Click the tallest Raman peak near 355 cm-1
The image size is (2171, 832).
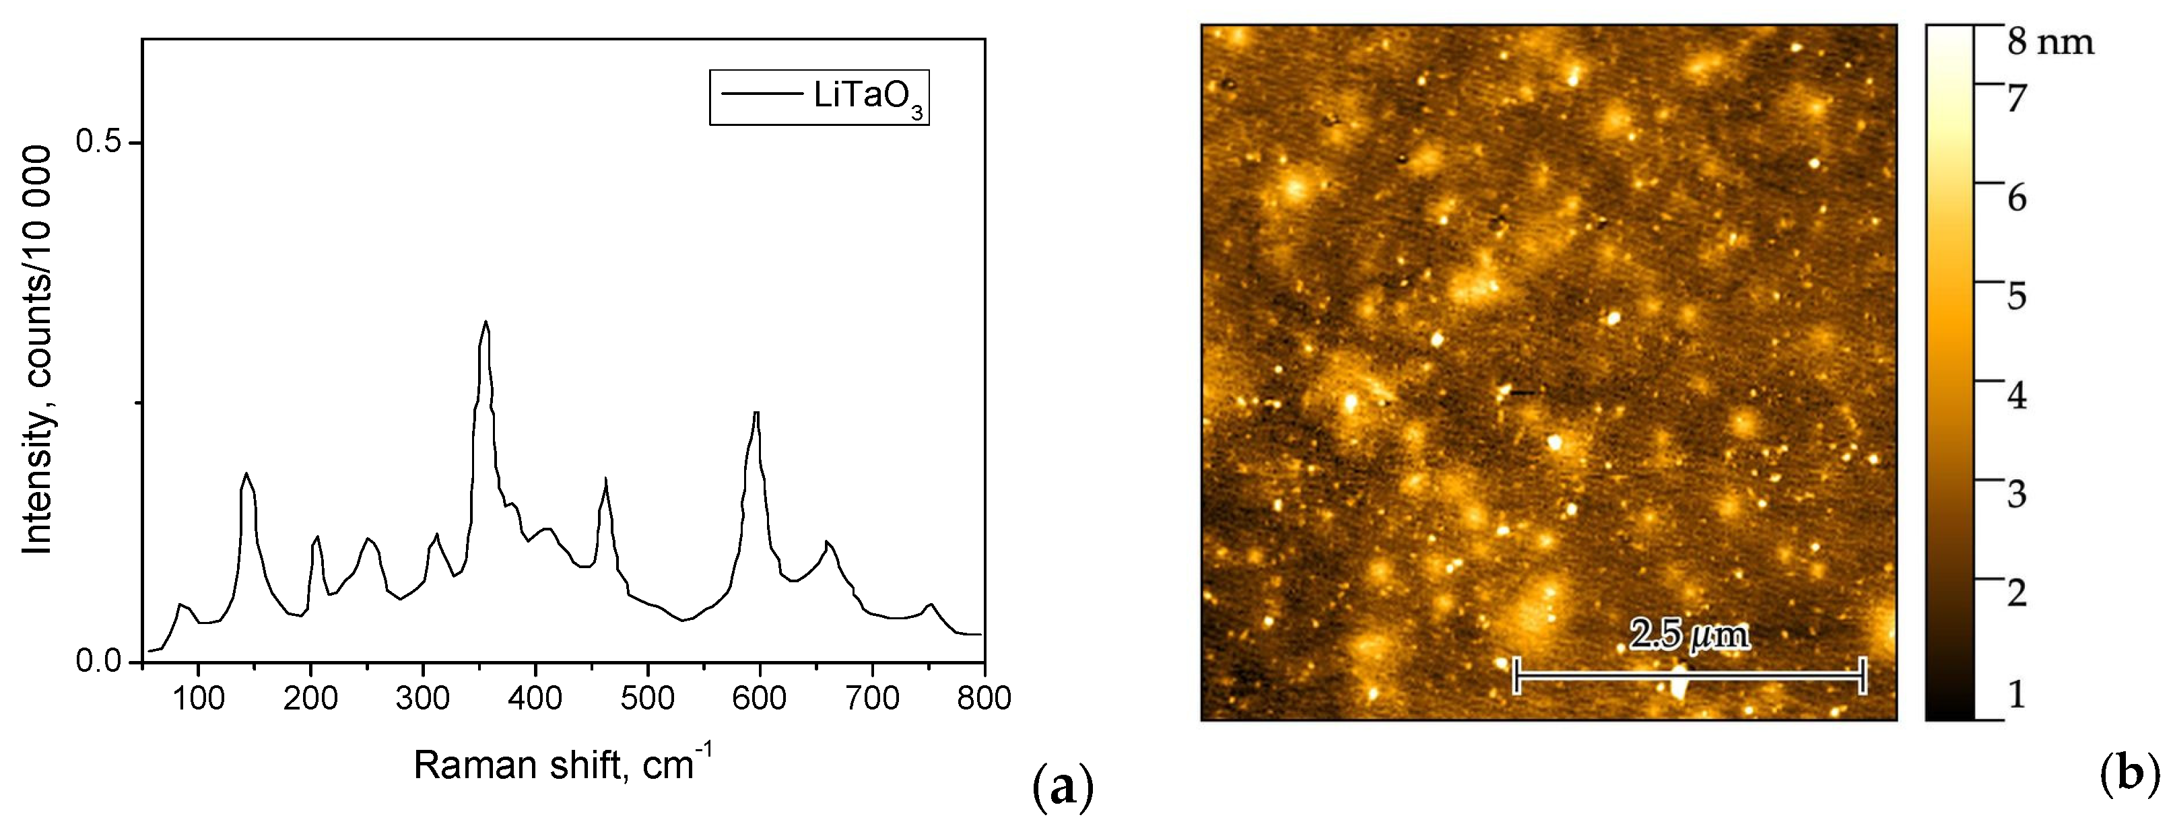[486, 322]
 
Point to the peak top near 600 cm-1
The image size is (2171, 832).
[757, 413]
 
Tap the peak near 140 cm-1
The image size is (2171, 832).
[246, 474]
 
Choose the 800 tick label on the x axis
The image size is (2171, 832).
[984, 698]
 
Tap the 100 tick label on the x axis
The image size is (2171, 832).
[198, 698]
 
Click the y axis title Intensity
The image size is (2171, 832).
[37, 349]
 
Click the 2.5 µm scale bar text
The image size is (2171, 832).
[1689, 635]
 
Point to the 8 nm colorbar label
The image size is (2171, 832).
[2050, 42]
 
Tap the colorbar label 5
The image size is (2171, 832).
[2017, 296]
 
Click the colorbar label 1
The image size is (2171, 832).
[2017, 694]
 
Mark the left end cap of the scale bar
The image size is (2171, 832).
[1517, 675]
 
